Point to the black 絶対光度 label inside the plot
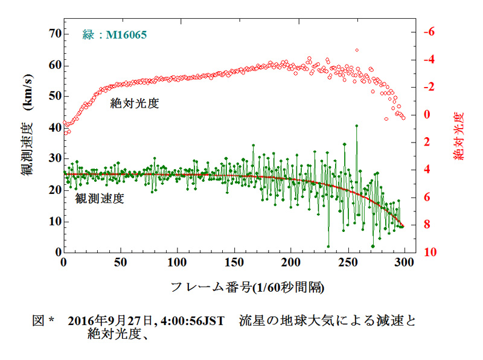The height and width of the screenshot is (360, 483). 134,103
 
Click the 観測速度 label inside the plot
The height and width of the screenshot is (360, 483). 100,198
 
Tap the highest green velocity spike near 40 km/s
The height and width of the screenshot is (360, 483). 357,126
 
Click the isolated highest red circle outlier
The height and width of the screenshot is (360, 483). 357,50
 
